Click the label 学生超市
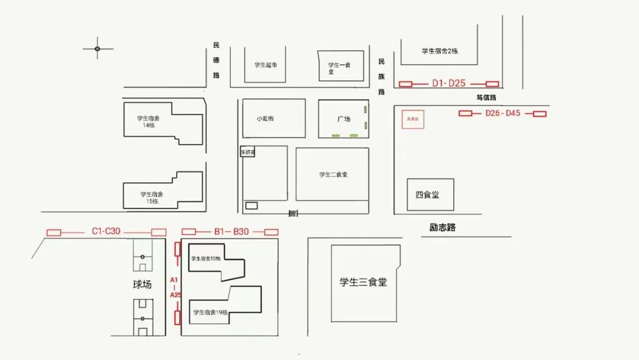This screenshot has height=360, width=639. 266,65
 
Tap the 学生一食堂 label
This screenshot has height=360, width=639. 340,68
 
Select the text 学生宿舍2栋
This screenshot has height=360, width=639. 440,51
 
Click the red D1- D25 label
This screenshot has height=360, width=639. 448,83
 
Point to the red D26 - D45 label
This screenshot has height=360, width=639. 502,113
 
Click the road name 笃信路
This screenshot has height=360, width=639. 486,97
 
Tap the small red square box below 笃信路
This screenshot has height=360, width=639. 412,119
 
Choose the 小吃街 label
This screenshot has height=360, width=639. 265,118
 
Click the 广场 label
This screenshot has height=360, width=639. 344,119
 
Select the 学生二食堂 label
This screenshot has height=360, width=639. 334,174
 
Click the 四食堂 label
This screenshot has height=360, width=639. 427,194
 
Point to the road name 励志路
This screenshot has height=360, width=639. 443,227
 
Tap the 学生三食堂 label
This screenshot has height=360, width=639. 363,282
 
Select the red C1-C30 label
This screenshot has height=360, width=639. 106,232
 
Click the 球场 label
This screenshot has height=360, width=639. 142,284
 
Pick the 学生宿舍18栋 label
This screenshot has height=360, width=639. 206,259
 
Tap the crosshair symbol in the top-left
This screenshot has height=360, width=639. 98,49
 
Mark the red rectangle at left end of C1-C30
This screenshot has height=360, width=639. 54,232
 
